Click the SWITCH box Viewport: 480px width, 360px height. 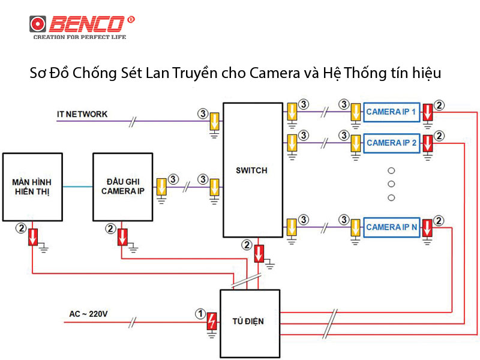click(252, 170)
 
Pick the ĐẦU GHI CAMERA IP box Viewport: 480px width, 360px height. click(122, 186)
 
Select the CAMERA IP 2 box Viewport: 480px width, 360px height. click(392, 143)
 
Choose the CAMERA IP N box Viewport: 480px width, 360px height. click(392, 227)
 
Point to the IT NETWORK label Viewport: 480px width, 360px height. click(82, 114)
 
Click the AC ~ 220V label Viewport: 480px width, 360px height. click(89, 314)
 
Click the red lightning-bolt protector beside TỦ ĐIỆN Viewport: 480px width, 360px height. click(212, 322)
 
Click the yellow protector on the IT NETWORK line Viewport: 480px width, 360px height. click(214, 122)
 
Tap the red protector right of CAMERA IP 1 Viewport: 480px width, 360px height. click(427, 112)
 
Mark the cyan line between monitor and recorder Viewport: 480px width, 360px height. click(77, 186)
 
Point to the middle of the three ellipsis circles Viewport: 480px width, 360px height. click(391, 184)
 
